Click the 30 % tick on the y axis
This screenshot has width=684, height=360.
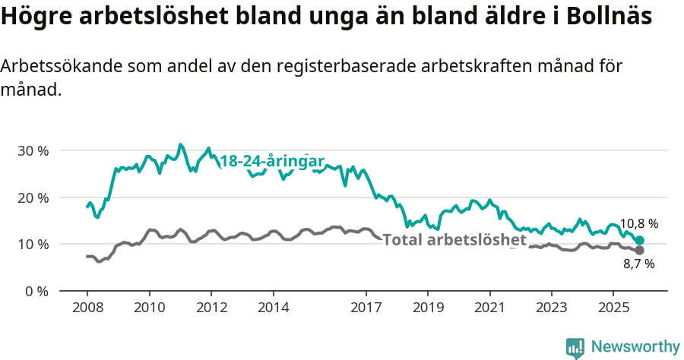33,150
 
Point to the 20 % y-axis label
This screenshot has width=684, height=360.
33,197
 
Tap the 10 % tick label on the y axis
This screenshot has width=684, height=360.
33,245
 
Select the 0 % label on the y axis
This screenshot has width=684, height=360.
36,291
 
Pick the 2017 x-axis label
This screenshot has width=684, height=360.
366,308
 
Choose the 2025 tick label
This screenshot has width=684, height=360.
613,308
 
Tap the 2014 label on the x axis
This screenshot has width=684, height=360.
273,308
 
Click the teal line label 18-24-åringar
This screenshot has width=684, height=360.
272,161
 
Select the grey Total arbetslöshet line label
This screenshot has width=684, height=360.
454,240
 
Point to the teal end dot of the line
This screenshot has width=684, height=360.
640,240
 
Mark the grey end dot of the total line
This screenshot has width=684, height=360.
640,250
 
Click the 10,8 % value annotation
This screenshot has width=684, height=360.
638,224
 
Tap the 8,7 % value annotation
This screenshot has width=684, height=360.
638,264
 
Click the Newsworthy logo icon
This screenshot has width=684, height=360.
575,348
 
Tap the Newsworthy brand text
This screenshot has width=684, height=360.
635,347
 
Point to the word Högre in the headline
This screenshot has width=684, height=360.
33,16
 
